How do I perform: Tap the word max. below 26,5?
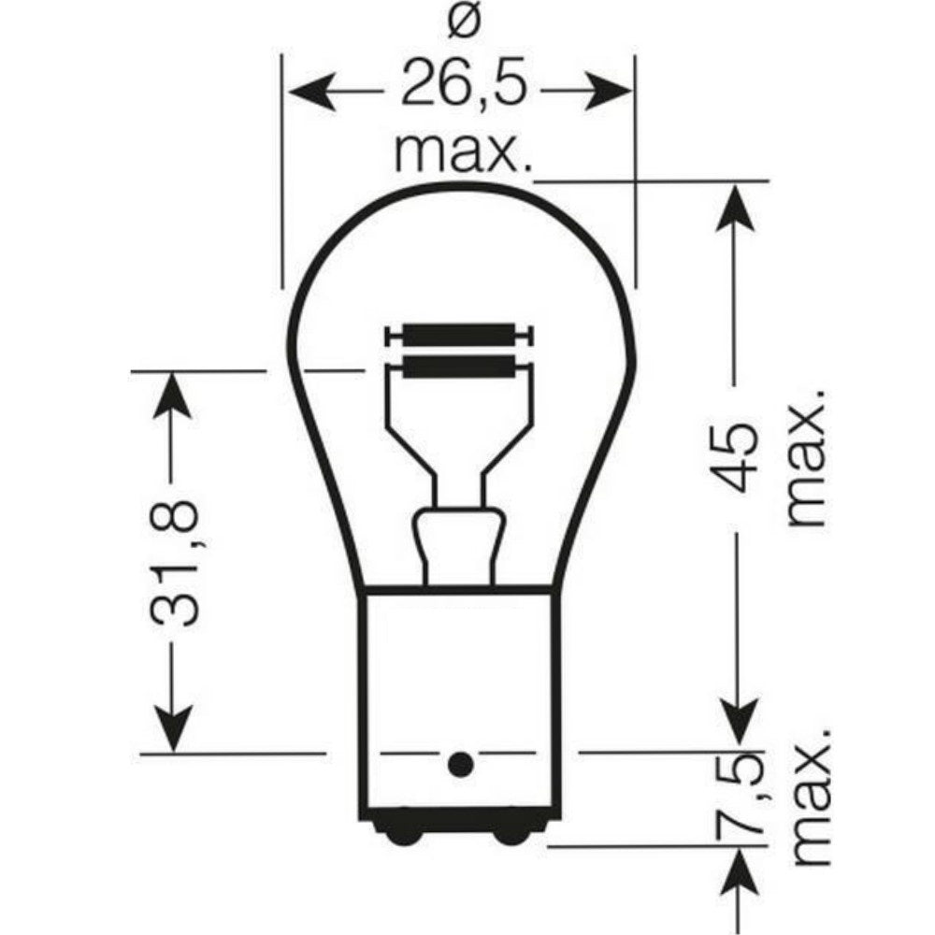(462, 152)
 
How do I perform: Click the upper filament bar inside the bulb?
(459, 335)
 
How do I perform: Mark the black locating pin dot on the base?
(459, 765)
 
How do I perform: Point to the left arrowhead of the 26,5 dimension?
(308, 92)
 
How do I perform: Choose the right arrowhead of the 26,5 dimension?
(612, 92)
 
